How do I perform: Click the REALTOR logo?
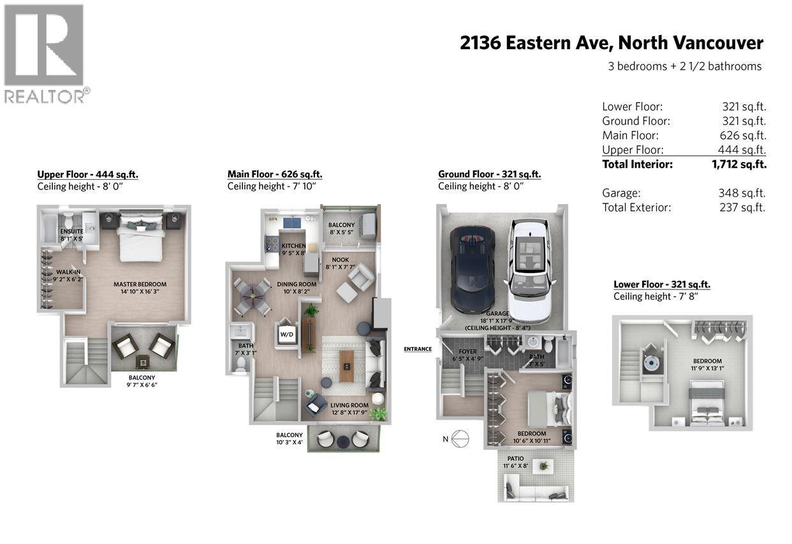click(44, 54)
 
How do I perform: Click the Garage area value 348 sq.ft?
click(742, 193)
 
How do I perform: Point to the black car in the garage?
click(472, 268)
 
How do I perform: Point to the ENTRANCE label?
click(418, 349)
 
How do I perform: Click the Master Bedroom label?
click(140, 284)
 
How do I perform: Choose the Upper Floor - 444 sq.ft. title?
click(87, 174)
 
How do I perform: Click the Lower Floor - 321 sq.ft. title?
click(661, 284)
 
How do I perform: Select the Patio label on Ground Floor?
click(516, 459)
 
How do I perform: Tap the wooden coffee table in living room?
click(346, 366)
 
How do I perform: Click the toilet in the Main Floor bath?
click(242, 363)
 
